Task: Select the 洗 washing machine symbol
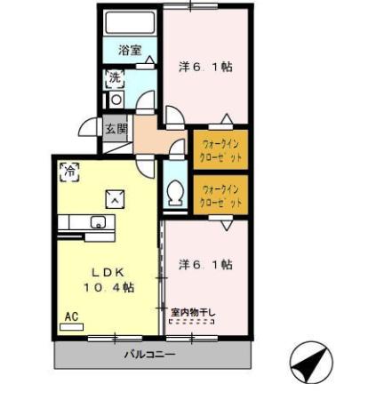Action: click(114, 77)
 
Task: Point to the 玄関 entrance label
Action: click(116, 129)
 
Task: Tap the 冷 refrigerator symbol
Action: click(68, 168)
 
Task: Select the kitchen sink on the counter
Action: click(97, 222)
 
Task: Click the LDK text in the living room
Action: click(108, 271)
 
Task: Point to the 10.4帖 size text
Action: click(108, 287)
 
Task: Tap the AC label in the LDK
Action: click(70, 316)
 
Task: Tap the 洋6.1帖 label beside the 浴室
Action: click(205, 66)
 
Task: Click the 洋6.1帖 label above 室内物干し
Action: click(205, 264)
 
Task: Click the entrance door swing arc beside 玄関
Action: click(90, 132)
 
